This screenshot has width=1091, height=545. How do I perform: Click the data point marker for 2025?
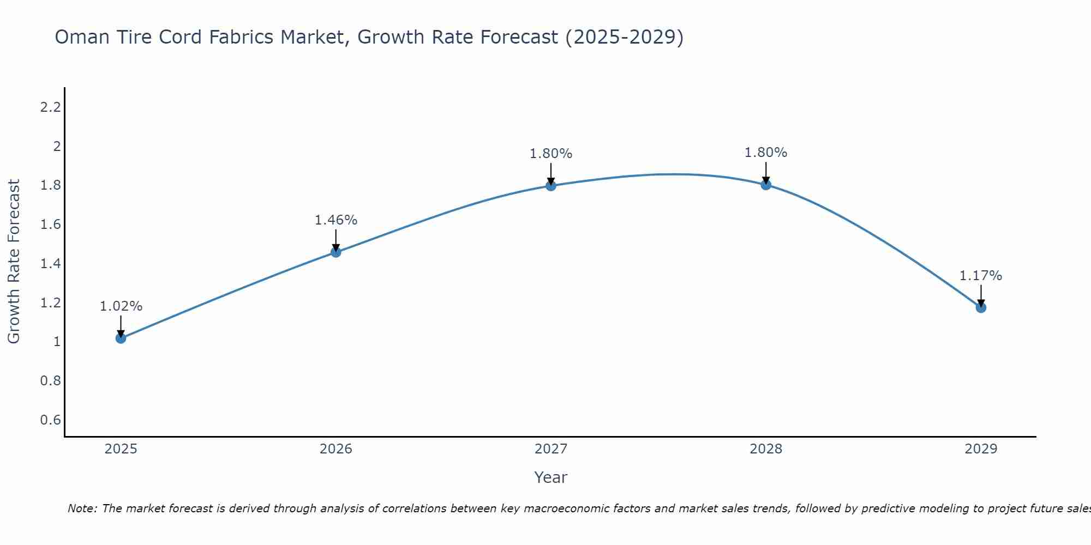pos(121,338)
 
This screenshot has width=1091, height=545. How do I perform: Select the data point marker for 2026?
pos(335,252)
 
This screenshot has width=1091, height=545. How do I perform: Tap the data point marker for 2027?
pos(550,185)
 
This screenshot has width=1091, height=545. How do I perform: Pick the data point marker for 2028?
pos(766,184)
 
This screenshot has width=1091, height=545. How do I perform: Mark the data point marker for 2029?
pos(981,307)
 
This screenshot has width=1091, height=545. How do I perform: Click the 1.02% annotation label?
pos(121,306)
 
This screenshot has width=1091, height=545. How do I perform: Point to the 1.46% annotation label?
pos(335,220)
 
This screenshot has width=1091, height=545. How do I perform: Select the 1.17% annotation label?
pos(981,276)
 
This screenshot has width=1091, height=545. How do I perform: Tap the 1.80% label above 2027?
pos(550,154)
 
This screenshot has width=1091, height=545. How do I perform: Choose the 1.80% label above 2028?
pos(766,153)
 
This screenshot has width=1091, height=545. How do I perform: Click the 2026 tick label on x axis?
pos(335,449)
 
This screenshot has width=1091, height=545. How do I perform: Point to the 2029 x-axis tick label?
pos(981,449)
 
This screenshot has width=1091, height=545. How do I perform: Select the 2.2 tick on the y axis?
pos(50,107)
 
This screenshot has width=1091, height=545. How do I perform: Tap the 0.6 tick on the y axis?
pos(50,420)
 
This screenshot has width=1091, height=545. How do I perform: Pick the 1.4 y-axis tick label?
pos(50,264)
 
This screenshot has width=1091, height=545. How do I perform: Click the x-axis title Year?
pos(550,477)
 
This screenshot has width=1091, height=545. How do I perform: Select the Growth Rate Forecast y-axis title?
pos(14,262)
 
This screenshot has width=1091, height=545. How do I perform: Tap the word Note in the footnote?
pos(82,508)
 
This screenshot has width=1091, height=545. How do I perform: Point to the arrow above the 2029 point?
pos(981,295)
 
